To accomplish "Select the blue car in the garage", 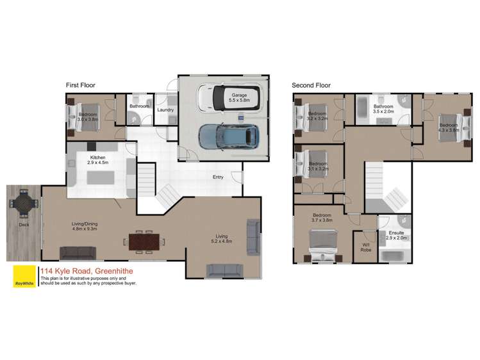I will click(x=228, y=137).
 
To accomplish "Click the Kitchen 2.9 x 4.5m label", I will click(x=98, y=160).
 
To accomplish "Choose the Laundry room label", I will click(x=165, y=110).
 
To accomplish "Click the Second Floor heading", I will click(x=311, y=85).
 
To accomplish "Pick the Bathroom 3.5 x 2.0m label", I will click(x=383, y=108).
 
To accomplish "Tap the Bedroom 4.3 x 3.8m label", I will click(x=448, y=127).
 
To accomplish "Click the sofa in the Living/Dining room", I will click(x=78, y=252).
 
